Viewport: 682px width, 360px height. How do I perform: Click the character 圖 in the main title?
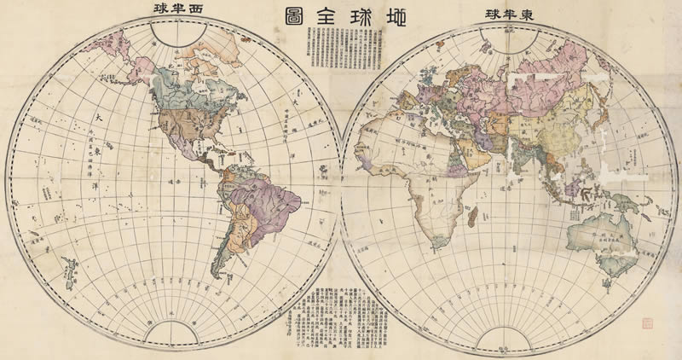click(286, 15)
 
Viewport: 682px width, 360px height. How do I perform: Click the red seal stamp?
click(644, 323)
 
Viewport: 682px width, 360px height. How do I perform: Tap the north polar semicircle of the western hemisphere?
click(179, 32)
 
